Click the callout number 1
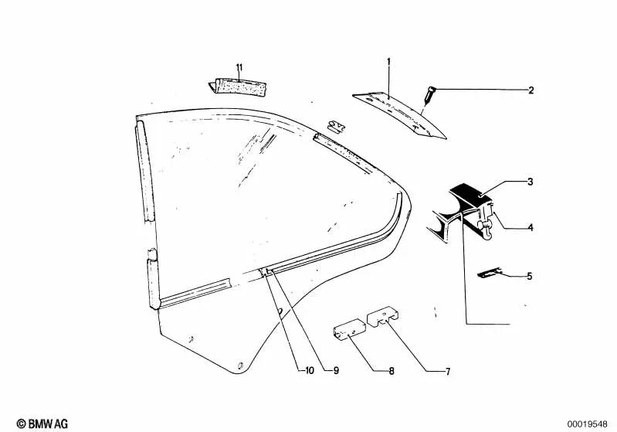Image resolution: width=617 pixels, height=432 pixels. click(x=388, y=62)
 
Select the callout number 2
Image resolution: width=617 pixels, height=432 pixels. click(x=531, y=90)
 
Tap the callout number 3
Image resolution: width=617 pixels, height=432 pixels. click(x=530, y=182)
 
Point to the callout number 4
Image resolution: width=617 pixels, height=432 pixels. click(x=531, y=227)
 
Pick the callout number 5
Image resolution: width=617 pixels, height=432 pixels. click(x=529, y=276)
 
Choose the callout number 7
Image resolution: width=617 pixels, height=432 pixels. click(x=447, y=372)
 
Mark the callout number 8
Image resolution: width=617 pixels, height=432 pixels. click(x=392, y=371)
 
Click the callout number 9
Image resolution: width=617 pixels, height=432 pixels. click(x=336, y=371)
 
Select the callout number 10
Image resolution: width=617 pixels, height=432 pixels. click(x=310, y=371)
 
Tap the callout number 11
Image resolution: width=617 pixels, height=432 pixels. click(x=239, y=68)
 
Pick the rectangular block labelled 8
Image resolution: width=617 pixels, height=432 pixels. click(x=349, y=329)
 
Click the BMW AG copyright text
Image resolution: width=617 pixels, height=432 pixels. click(x=42, y=423)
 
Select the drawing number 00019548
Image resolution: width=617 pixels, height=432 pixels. click(x=587, y=424)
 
